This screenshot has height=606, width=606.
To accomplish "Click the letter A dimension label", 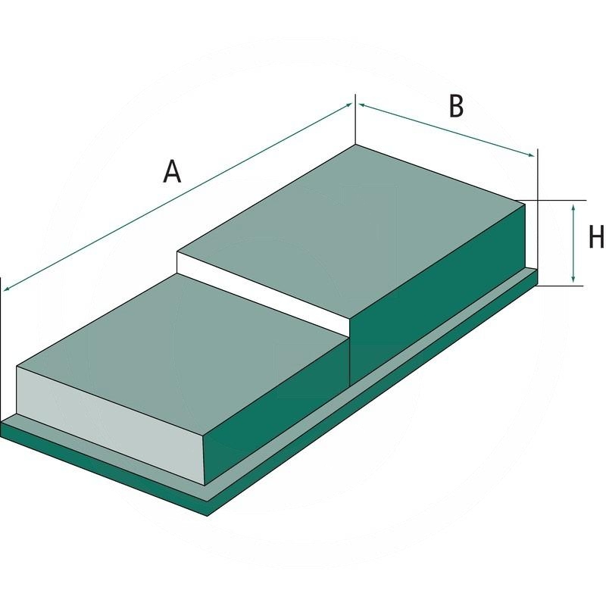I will [x=173, y=173].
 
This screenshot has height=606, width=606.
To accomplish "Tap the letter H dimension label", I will [x=596, y=238].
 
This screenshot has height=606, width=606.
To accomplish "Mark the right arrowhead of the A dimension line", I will [x=350, y=106].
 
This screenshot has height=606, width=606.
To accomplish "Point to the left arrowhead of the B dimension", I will [x=361, y=105].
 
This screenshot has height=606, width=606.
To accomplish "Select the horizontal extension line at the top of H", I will [x=557, y=201].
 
